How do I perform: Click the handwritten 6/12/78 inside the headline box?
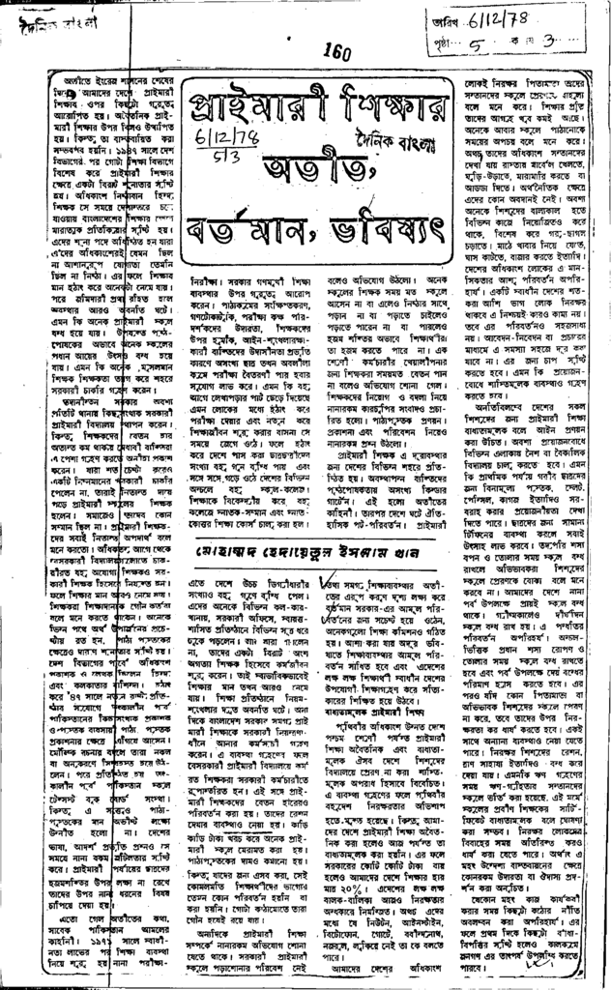click(209, 142)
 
